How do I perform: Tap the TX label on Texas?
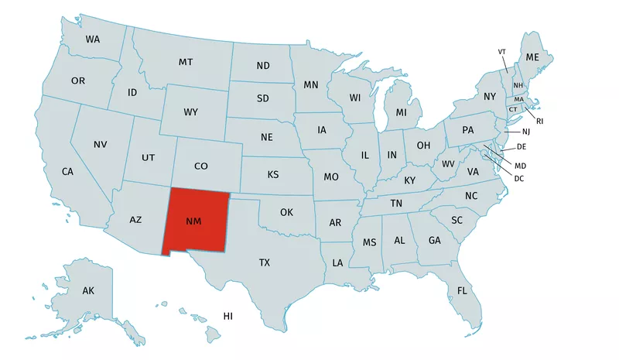[x=265, y=263]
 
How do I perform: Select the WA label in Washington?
[x=93, y=39]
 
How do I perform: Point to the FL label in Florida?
[x=462, y=291]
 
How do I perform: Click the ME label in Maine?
[x=532, y=58]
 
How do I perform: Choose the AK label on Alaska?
[x=88, y=291]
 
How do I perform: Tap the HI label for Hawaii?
[x=228, y=316]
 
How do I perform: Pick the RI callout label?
[x=540, y=121]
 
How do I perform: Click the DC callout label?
[x=519, y=179]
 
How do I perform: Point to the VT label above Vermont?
[x=502, y=52]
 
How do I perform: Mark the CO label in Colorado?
[x=201, y=166]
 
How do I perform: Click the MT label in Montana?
[x=186, y=62]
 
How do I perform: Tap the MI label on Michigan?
[x=402, y=113]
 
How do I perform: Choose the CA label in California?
[x=67, y=171]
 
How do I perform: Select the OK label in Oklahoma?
[x=286, y=212]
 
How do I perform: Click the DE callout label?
[x=522, y=147]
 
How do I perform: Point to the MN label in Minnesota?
[x=311, y=85]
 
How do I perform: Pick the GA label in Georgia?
[x=434, y=241]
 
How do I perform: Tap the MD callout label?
[x=520, y=166]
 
